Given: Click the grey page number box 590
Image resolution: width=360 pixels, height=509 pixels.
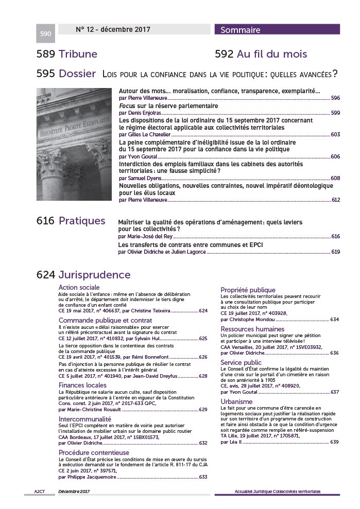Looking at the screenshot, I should tap(45, 34).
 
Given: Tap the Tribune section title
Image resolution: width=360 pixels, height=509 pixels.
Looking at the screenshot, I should tap(78, 54).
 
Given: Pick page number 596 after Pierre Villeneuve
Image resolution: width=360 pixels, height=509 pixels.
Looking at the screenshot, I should tap(335, 98).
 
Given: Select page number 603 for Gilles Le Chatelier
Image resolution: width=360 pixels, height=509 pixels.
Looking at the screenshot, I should tap(335, 134).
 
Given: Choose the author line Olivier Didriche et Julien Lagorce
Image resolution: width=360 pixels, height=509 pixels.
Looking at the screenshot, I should tap(162, 252).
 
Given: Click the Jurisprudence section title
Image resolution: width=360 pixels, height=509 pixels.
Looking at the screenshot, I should tap(94, 275).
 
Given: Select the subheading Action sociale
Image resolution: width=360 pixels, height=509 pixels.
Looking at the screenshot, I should tap(79, 287).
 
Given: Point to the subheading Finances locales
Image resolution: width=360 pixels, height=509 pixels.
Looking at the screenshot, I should tap(82, 385).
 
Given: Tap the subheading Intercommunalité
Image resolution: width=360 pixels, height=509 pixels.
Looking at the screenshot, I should tap(85, 419).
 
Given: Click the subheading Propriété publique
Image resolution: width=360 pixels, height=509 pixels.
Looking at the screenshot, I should tap(248, 290).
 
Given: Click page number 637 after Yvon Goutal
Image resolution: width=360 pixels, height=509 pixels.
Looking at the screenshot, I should tap(334, 392).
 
